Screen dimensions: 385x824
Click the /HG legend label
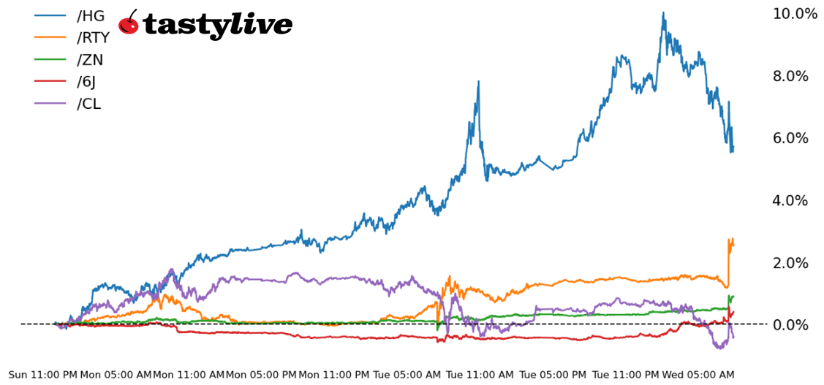click(90, 16)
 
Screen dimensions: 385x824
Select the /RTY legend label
click(93, 38)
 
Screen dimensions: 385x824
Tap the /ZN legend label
click(90, 60)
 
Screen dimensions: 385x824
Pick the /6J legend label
click(88, 82)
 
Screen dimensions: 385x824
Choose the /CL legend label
click(88, 104)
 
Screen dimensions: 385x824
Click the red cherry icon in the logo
click(129, 23)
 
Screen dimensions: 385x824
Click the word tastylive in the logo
click(217, 25)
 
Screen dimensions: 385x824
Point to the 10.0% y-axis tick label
click(795, 14)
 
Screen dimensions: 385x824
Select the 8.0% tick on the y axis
click(795, 77)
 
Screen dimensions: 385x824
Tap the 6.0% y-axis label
click(795, 139)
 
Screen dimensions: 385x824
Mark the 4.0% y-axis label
click(795, 201)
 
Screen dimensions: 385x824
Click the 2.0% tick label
click(795, 263)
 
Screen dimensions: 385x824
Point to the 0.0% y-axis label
click(795, 325)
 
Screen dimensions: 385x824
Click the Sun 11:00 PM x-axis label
click(42, 375)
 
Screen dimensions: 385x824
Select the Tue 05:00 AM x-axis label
click(407, 375)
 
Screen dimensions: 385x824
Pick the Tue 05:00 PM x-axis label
click(553, 375)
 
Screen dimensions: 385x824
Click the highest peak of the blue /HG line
click(663, 12)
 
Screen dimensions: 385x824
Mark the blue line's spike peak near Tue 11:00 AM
click(478, 82)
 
